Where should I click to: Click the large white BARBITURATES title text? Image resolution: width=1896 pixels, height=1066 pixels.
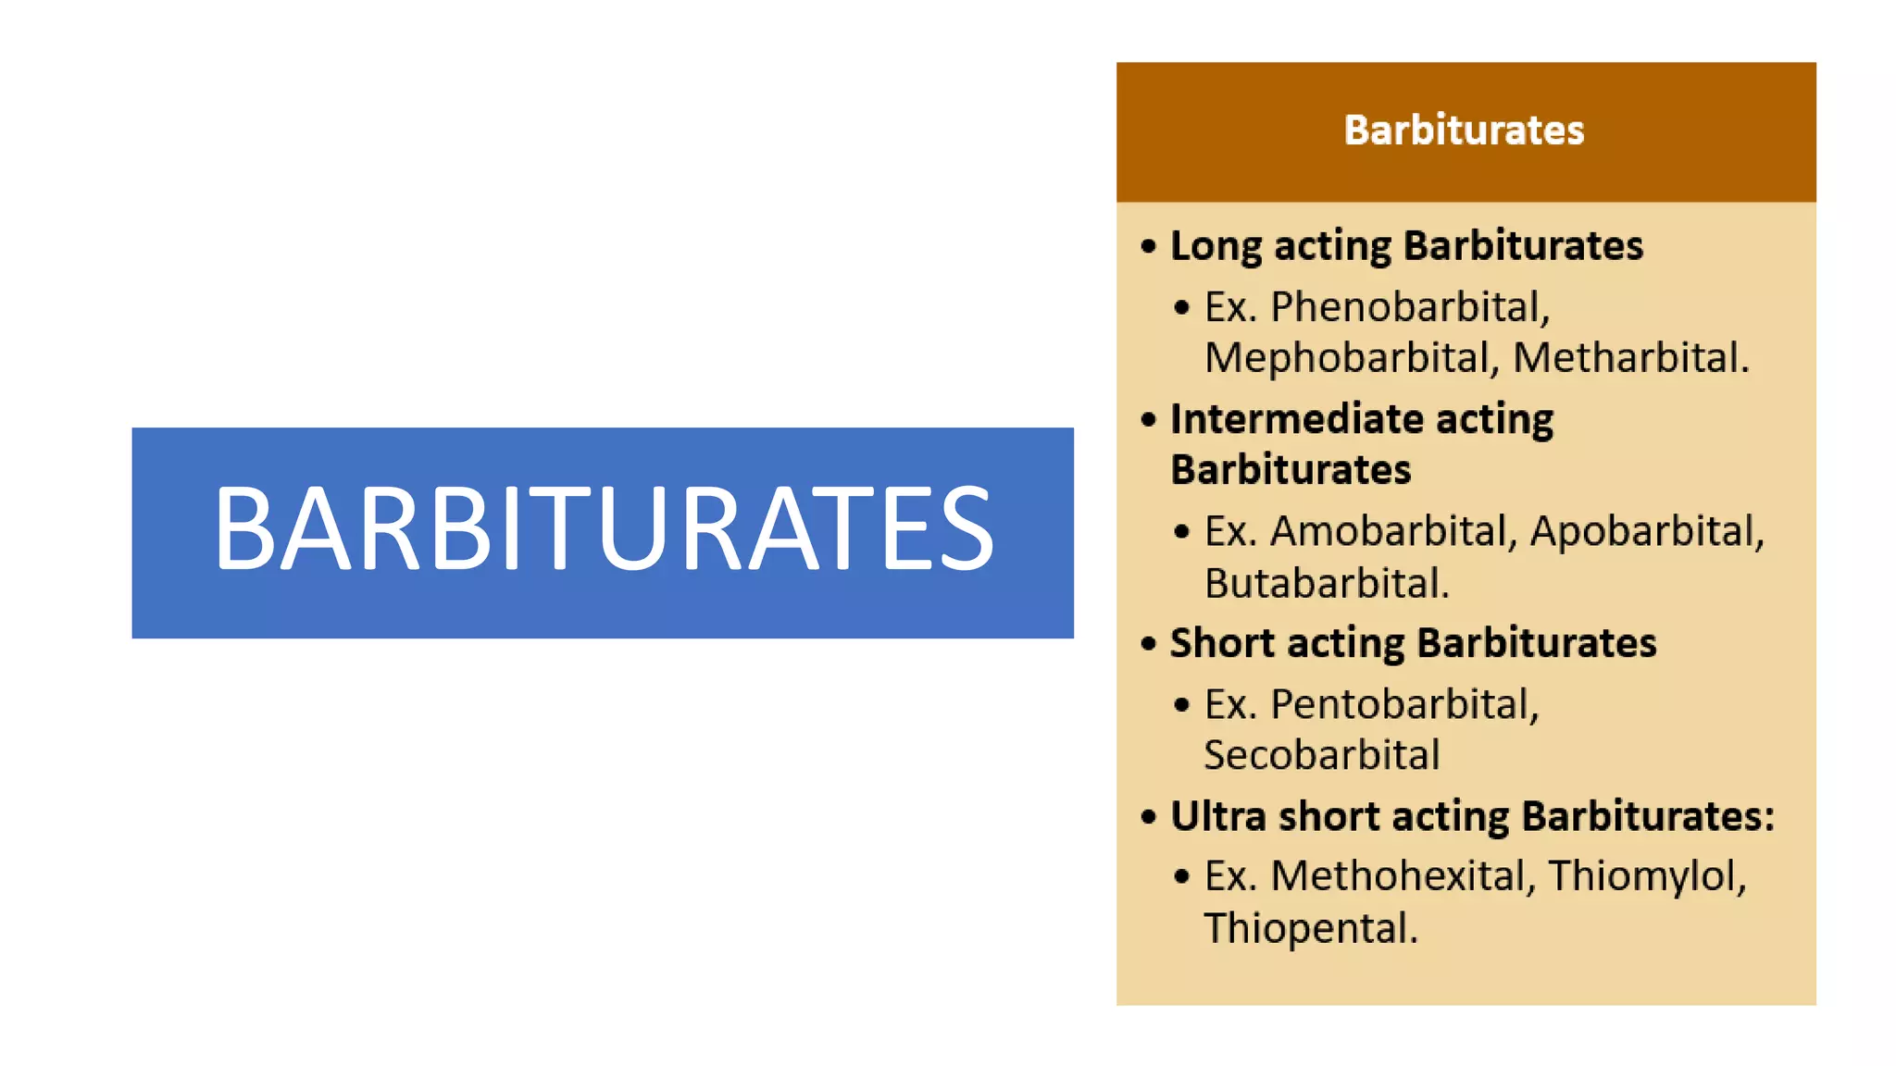point(604,529)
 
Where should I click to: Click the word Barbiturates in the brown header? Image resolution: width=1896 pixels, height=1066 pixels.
point(1464,130)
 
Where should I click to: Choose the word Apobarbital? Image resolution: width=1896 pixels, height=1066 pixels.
point(1646,531)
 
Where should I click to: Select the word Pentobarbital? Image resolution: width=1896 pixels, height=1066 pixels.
point(1403,705)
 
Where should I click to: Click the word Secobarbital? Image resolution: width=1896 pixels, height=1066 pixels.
point(1322,755)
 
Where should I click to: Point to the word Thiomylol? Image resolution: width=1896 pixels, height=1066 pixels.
point(1646,876)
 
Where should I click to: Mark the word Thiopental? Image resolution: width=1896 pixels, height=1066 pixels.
point(1309,928)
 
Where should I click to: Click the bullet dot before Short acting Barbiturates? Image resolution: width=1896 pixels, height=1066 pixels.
point(1149,644)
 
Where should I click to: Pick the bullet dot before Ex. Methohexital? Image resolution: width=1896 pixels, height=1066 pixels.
point(1181,876)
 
